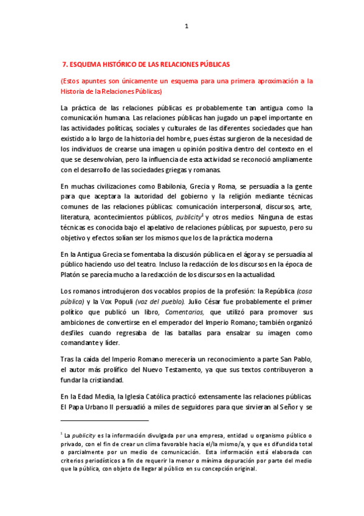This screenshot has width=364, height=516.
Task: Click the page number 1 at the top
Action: coord(187,26)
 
